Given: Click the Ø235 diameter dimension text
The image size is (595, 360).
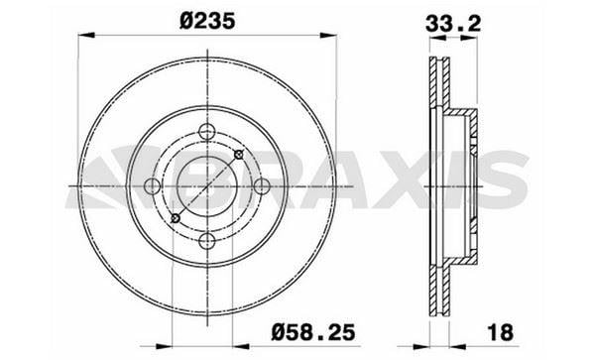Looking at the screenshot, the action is coord(207,21).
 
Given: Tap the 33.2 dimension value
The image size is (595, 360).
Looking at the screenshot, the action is coord(453,24).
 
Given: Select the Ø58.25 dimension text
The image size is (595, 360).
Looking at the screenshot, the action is coord(313,332).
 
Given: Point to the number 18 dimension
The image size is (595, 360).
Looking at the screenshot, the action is coord(500,332).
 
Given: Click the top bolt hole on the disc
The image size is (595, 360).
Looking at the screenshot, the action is coord(207,132).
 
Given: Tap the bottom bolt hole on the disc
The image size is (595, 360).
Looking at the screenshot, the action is coord(207,241).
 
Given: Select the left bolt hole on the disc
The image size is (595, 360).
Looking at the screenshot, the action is coord(153,185).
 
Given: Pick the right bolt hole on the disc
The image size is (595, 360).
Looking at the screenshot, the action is coord(262,186).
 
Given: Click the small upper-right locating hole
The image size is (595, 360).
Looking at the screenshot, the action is coord(239,155).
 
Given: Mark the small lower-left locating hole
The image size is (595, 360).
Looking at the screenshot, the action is coord(176,218).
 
